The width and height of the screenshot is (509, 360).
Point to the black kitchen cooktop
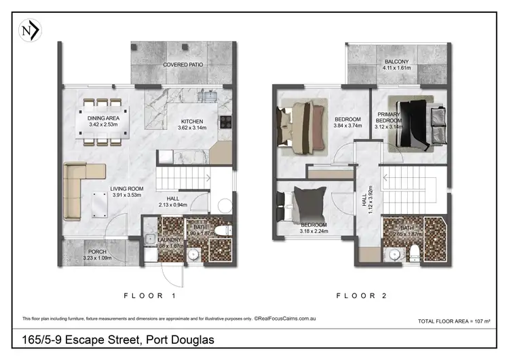[x=225, y=124]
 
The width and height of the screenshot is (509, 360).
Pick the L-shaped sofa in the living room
[x=83, y=193]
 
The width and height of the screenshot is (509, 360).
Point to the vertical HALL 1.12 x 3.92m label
[x=367, y=198]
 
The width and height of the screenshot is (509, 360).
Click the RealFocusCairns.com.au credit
[x=284, y=318]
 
